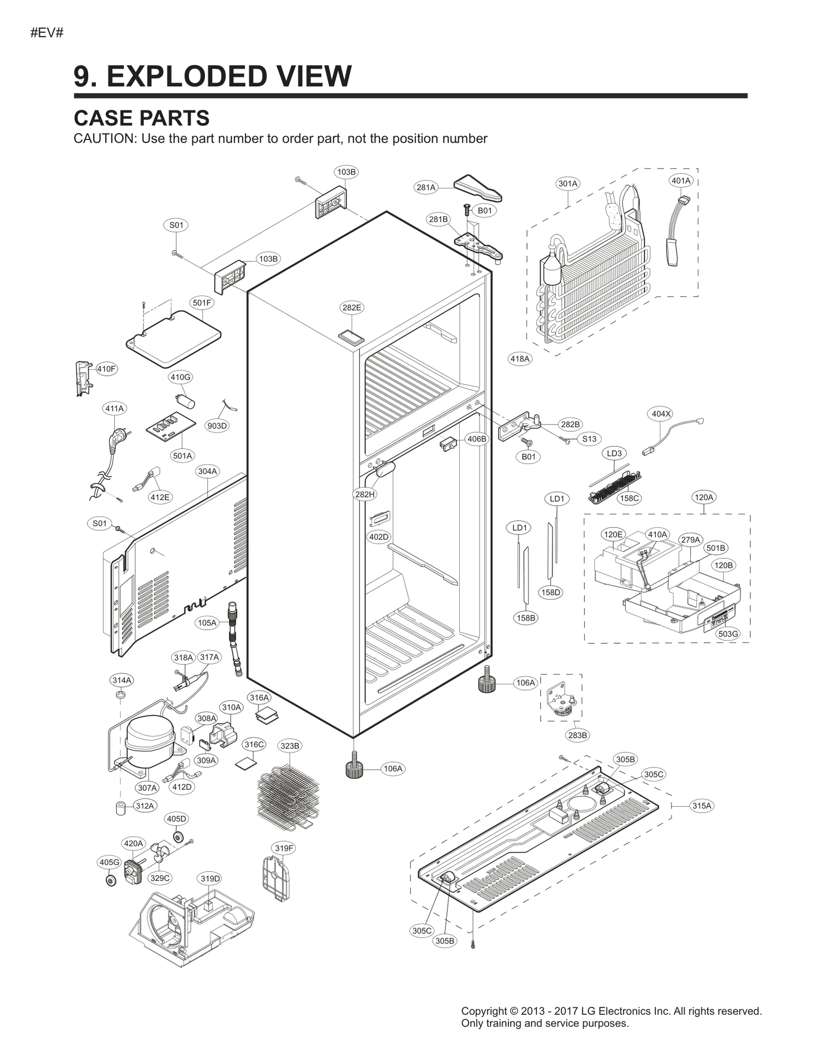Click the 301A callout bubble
pos(567,184)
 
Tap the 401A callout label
pos(681,181)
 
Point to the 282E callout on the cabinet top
pos(352,308)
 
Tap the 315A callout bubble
pos(702,806)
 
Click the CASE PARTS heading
pos(141,118)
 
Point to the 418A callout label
pos(520,359)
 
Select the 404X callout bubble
pos(661,414)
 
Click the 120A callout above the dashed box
pos(703,497)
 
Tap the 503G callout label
pos(728,634)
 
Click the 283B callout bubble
pos(578,735)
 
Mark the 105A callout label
pos(207,623)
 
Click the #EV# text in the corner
pos(47,33)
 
